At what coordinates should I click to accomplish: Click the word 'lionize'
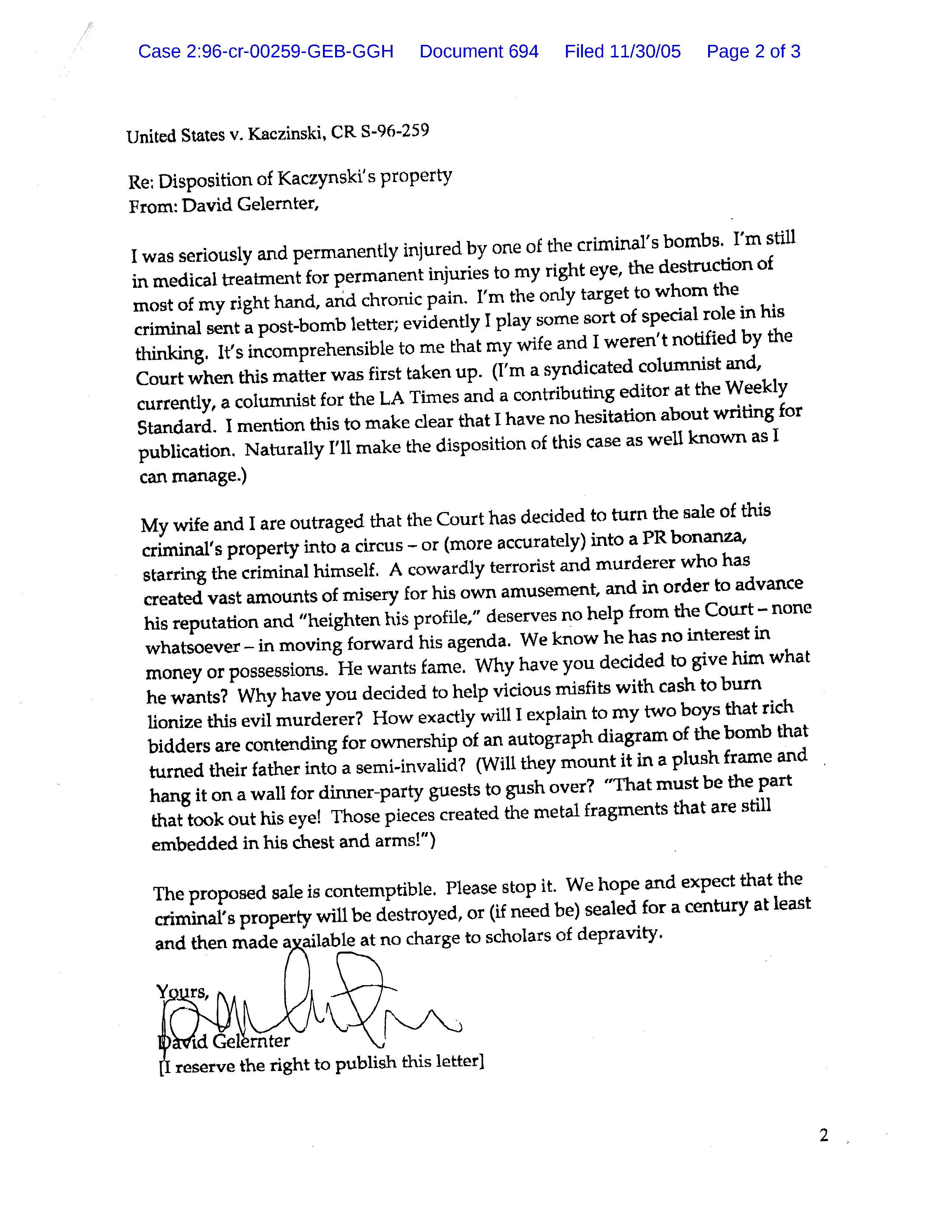coord(173,721)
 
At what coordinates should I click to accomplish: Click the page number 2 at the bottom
coord(824,1135)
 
